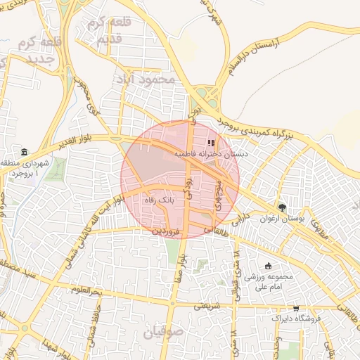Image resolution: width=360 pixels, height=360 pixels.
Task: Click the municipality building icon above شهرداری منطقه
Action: click(x=25, y=153)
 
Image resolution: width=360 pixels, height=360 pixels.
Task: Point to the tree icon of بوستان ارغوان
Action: click(x=282, y=207)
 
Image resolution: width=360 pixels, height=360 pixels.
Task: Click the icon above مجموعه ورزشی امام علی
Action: click(x=268, y=266)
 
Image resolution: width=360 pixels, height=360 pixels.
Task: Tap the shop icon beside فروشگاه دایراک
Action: click(x=295, y=308)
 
